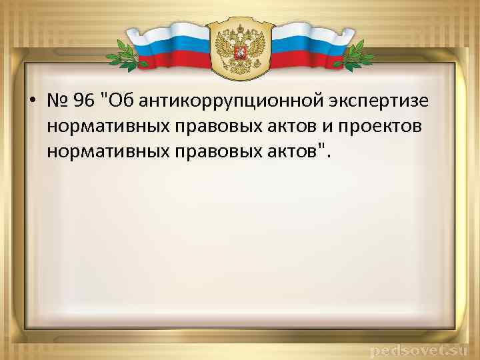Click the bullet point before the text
33,102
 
